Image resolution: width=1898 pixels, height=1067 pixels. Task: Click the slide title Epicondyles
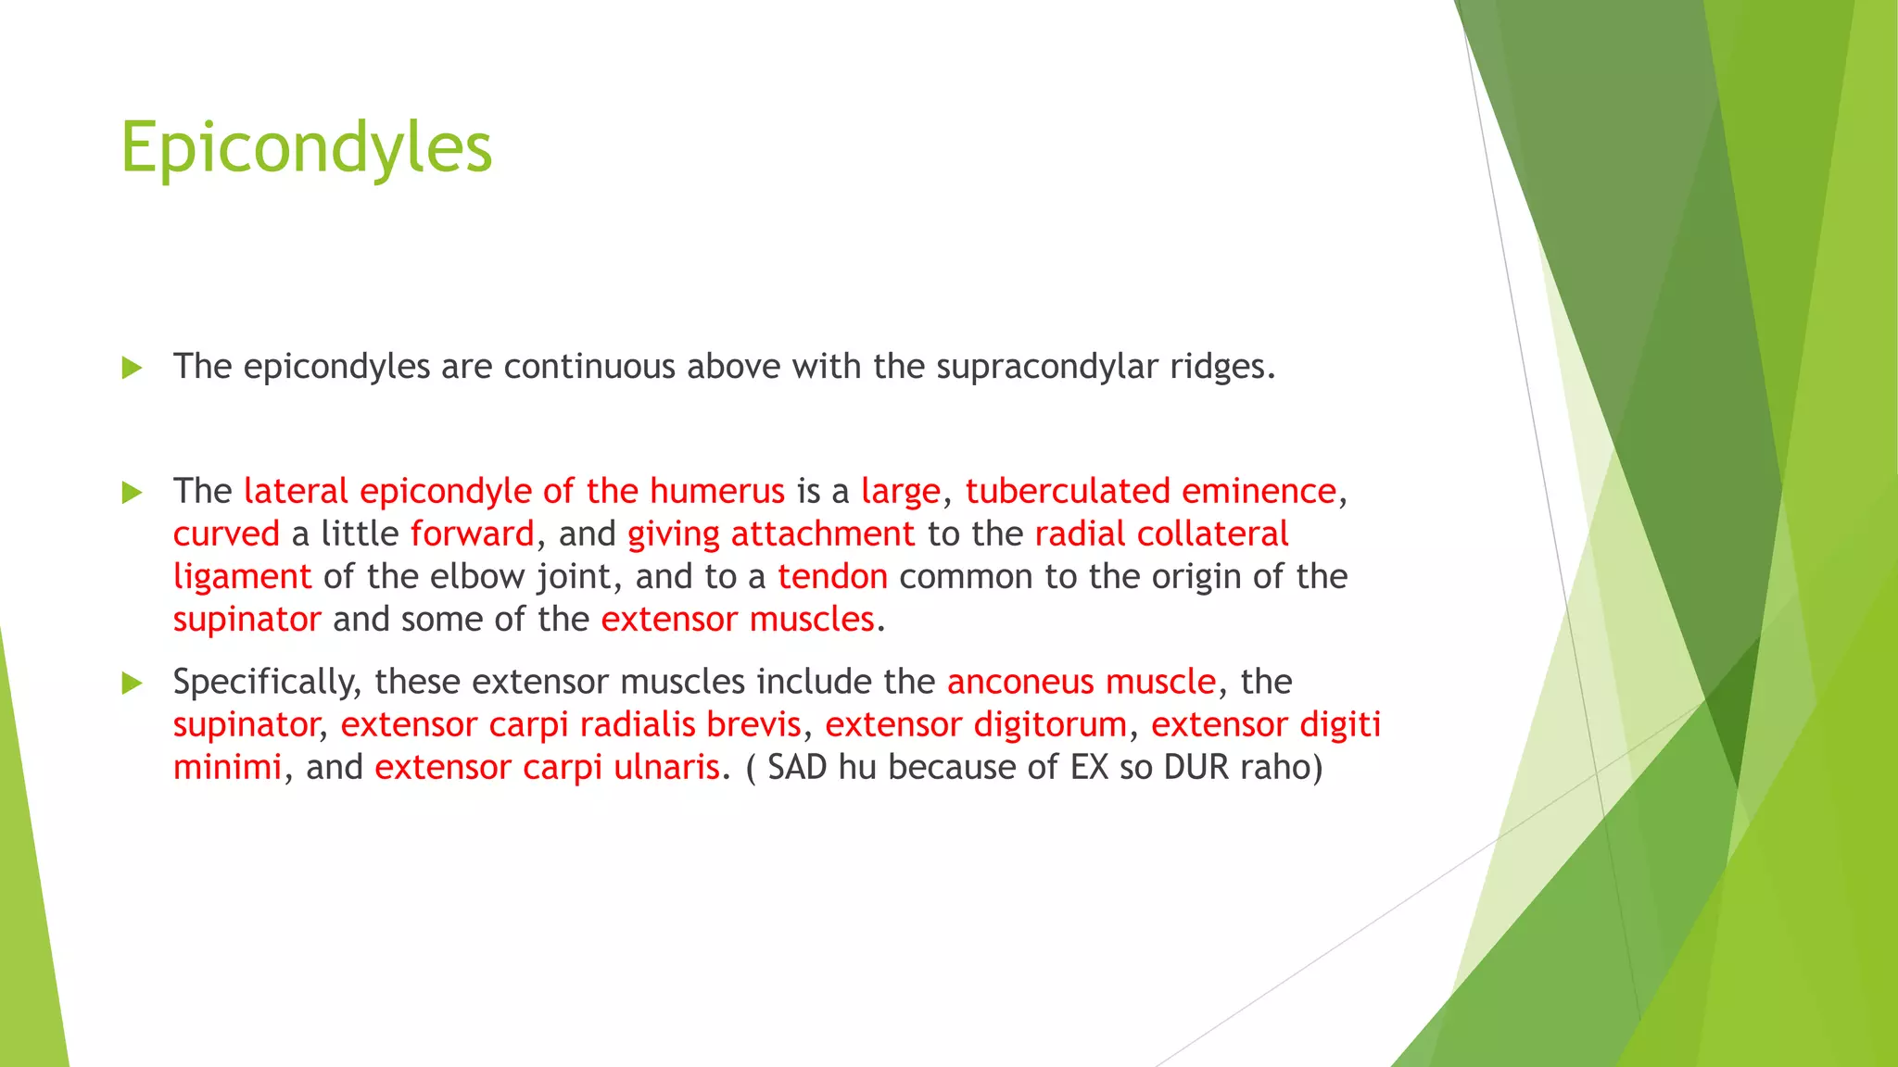(306, 148)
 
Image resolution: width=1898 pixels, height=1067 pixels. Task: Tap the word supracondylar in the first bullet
(1047, 368)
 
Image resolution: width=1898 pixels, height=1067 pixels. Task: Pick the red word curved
(226, 534)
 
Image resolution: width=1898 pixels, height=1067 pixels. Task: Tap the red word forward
(473, 534)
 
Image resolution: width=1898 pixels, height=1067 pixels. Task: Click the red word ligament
(242, 577)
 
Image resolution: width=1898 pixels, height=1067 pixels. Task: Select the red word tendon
(832, 577)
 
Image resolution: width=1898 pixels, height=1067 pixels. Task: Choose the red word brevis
(753, 724)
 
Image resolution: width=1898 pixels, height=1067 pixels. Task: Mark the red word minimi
(227, 767)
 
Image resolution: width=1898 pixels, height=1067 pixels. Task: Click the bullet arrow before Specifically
(132, 684)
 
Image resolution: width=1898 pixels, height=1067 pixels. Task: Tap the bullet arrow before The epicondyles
(132, 368)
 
